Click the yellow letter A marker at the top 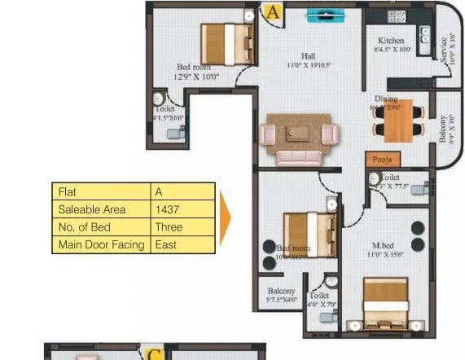point(272,12)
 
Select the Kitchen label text point(391,41)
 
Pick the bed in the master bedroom point(385,303)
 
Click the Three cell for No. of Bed point(169,227)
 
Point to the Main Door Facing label point(101,244)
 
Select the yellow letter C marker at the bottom point(154,353)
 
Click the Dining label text point(386,99)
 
